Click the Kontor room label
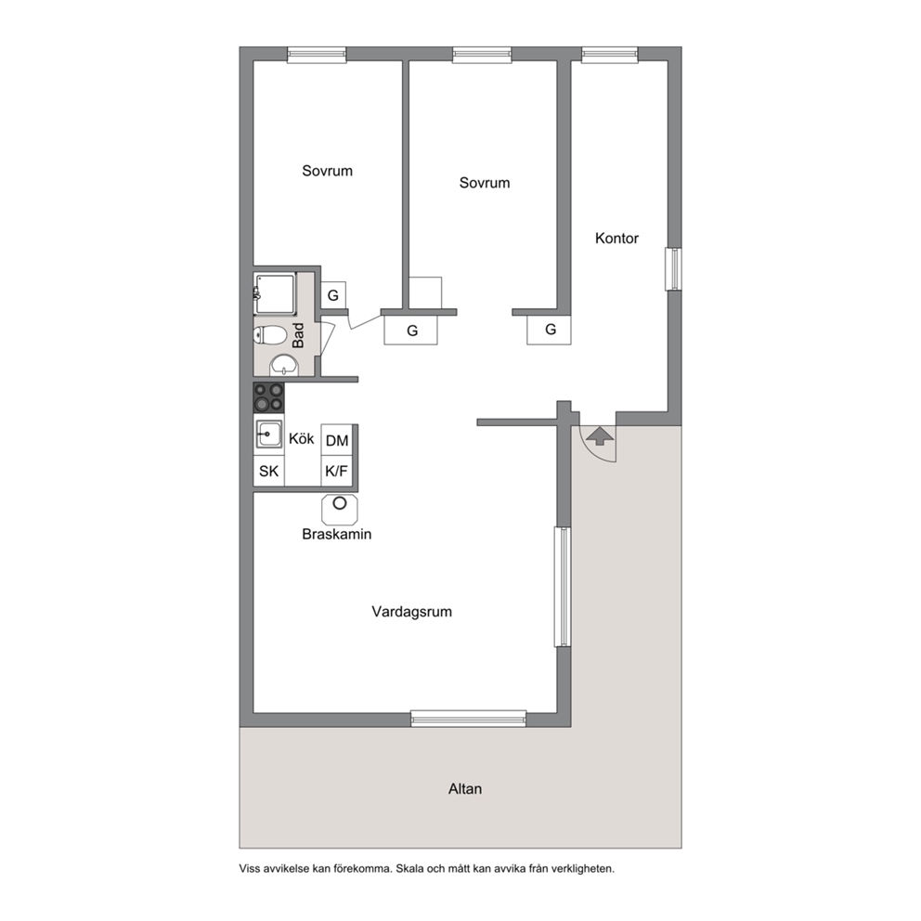[616, 238]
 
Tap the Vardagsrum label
[411, 612]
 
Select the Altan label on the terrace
[464, 789]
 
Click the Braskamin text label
[337, 534]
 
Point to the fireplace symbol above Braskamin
[340, 510]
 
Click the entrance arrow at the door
[600, 435]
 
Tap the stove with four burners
[268, 397]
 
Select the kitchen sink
[268, 435]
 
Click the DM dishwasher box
[337, 440]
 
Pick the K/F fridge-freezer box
[337, 471]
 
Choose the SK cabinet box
[269, 471]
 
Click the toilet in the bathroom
[269, 336]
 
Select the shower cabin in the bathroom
[274, 293]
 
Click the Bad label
[298, 335]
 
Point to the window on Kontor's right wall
[674, 269]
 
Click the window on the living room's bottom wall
[468, 719]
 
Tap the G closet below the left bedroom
[333, 295]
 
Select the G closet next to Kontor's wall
[551, 330]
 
